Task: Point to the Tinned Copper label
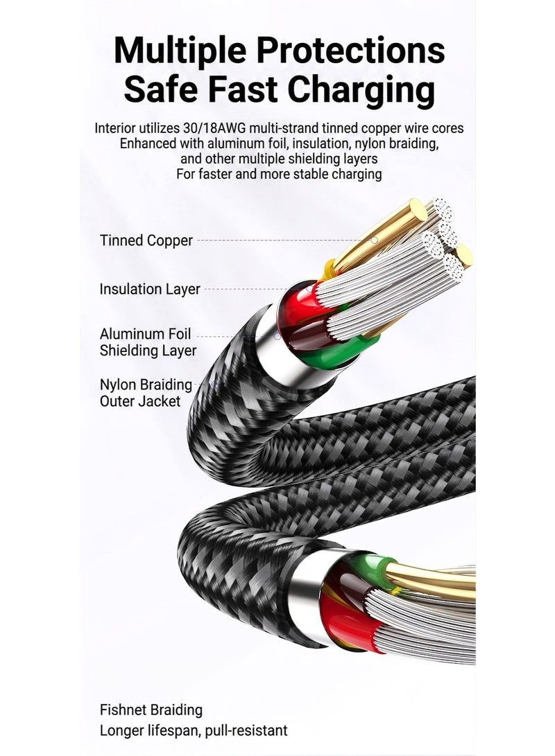pos(146,240)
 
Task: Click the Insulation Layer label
pos(150,289)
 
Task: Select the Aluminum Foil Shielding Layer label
pos(148,342)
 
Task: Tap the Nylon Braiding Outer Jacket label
pos(146,393)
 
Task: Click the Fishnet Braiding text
pos(151,710)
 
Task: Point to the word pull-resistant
pos(246,730)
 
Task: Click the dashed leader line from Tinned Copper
pos(284,240)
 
